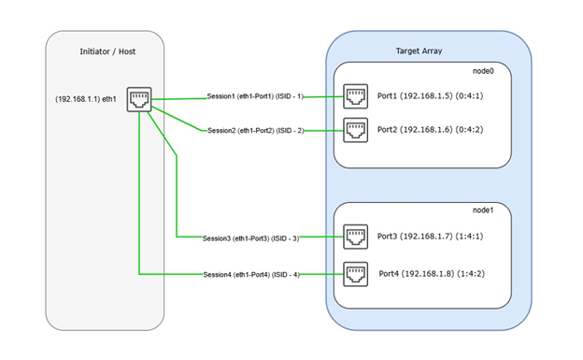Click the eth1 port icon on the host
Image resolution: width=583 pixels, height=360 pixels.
pyautogui.click(x=139, y=98)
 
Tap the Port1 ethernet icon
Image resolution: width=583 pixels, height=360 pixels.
pyautogui.click(x=357, y=97)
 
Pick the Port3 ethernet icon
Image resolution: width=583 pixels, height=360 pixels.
pyautogui.click(x=357, y=238)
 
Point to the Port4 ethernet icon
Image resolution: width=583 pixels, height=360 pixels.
pyautogui.click(x=357, y=274)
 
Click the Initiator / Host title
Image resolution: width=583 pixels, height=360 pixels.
pyautogui.click(x=107, y=51)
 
